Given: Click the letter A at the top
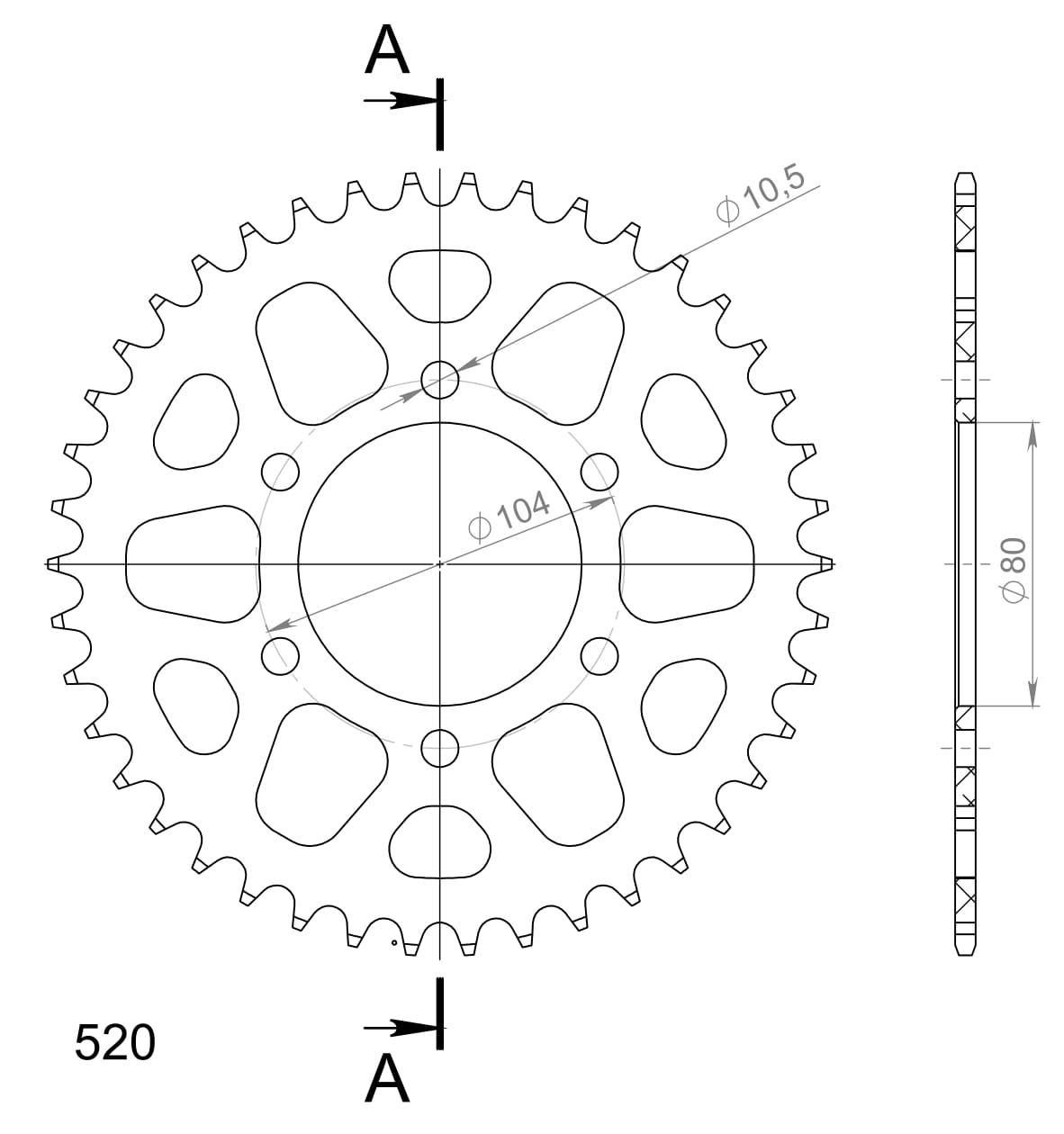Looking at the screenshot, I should (x=387, y=50).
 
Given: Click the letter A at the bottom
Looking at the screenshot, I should (x=387, y=1078).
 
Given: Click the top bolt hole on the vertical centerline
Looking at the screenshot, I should (x=440, y=379).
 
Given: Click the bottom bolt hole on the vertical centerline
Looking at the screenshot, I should (x=440, y=747).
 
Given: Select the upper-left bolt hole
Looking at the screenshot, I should (x=280, y=471).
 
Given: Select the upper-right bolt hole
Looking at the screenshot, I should (x=600, y=471).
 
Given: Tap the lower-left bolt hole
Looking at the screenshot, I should (x=280, y=656).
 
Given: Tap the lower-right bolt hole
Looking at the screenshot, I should (x=600, y=656).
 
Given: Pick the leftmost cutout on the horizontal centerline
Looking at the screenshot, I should (x=192, y=563).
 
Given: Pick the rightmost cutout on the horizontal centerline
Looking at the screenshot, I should (x=688, y=563).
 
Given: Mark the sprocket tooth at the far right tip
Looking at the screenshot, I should (x=827, y=564).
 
